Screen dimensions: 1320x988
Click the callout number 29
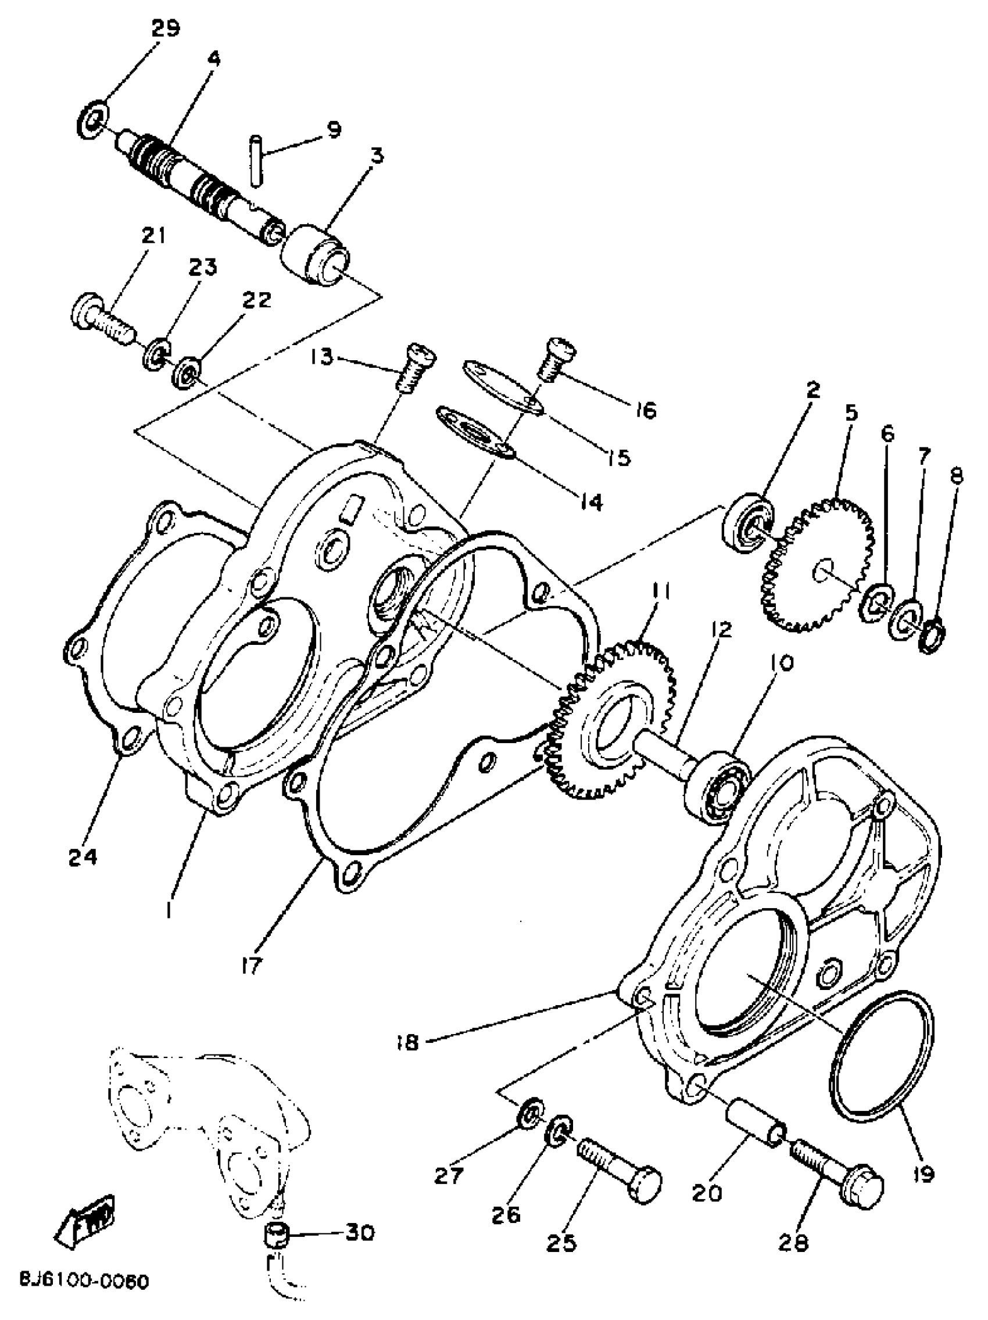point(166,28)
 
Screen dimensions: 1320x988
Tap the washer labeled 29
point(93,120)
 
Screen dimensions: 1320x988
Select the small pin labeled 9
point(256,161)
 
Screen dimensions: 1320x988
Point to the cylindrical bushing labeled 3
point(315,255)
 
